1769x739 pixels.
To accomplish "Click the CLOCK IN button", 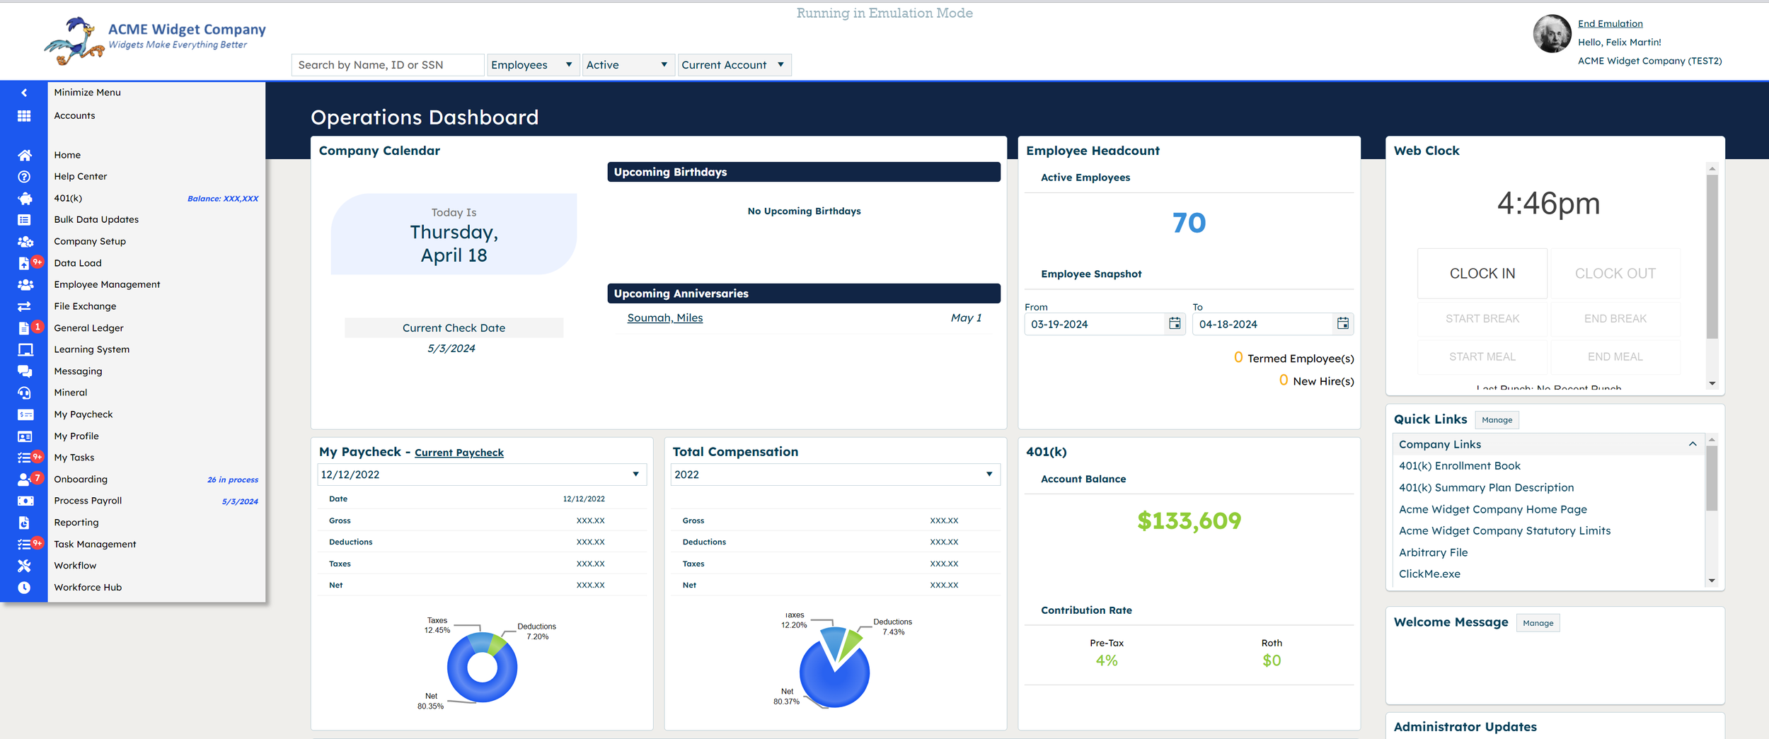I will click(x=1482, y=274).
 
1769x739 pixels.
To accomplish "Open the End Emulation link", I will click(x=1610, y=23).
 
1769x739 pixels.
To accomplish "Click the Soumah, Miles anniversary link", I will click(x=664, y=318).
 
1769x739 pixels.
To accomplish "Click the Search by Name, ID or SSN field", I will click(x=387, y=65).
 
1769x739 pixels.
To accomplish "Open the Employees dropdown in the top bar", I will click(x=532, y=65).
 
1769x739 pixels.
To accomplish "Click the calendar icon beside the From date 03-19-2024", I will click(x=1175, y=324).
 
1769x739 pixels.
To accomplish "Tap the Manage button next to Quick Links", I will click(x=1497, y=420).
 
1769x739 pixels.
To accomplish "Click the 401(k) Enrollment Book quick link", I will click(x=1459, y=466).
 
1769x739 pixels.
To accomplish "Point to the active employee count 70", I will click(x=1189, y=223).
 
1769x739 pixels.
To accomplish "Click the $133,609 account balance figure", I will click(x=1189, y=521).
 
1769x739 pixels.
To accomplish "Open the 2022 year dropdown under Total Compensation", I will click(x=835, y=475).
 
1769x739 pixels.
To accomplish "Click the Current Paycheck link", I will click(x=459, y=453).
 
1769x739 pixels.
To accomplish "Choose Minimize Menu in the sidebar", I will click(x=87, y=93).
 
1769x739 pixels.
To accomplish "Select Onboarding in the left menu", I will click(x=81, y=479).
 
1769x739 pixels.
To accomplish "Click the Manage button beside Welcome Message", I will click(x=1538, y=623).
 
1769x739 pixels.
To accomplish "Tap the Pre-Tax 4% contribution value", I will click(x=1106, y=661).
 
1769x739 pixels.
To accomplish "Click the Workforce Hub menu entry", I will click(x=88, y=588).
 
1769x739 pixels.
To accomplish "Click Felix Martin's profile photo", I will click(x=1552, y=34).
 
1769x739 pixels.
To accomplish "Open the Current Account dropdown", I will click(x=733, y=65).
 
